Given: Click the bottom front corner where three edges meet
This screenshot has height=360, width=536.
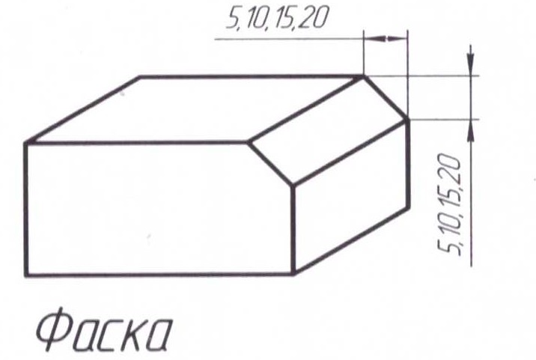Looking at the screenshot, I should click(x=293, y=274).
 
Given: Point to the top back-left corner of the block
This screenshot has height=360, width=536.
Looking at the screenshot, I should click(x=141, y=76).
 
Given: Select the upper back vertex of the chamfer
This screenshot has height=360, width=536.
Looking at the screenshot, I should click(x=364, y=75).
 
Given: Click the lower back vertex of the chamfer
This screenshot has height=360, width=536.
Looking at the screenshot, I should click(x=408, y=118).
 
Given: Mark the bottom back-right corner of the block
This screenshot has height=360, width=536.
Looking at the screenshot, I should click(x=409, y=209).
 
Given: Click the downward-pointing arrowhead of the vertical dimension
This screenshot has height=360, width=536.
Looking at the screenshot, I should click(x=469, y=66).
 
